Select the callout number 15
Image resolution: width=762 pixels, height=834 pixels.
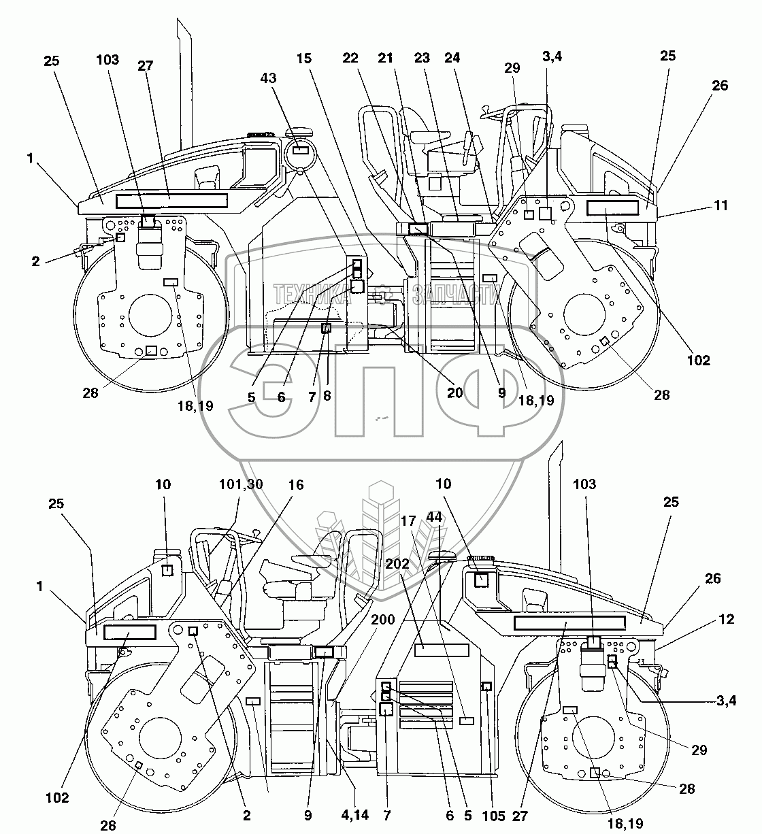click(x=304, y=59)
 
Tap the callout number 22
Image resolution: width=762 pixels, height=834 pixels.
click(x=350, y=59)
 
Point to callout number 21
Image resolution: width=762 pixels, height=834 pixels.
click(x=386, y=59)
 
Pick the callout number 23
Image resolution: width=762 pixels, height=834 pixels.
click(x=422, y=59)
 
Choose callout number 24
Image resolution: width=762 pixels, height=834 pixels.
click(x=452, y=59)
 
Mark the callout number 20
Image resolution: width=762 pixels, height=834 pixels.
click(x=454, y=393)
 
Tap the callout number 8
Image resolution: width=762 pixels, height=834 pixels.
click(x=327, y=395)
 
